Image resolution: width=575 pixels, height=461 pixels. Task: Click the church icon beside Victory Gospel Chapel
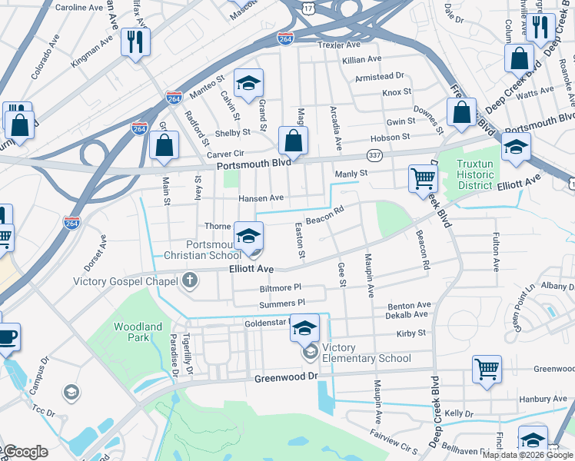(190, 281)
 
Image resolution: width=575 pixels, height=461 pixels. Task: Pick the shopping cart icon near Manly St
(423, 179)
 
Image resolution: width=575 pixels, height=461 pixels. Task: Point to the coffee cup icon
(7, 337)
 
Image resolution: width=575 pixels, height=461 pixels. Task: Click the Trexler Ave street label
(339, 45)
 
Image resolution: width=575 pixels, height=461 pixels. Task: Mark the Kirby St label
(410, 333)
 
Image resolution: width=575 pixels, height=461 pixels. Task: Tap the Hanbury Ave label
(542, 399)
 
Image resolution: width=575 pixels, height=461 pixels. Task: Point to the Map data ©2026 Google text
(527, 455)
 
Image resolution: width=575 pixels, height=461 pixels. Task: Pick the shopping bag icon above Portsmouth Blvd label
(293, 140)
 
